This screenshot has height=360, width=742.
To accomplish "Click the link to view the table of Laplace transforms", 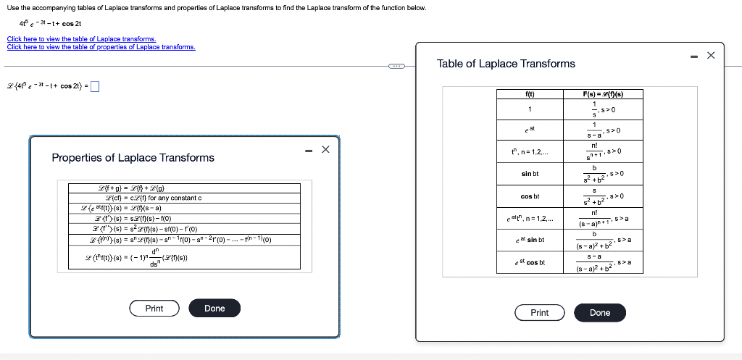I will pyautogui.click(x=81, y=39).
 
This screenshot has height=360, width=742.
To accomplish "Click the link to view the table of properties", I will pyautogui.click(x=101, y=47).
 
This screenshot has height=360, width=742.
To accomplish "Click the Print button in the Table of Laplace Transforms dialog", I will pyautogui.click(x=539, y=313).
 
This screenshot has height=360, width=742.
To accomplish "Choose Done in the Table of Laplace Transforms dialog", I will pyautogui.click(x=599, y=313).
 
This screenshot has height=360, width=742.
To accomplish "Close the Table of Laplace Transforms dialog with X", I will pyautogui.click(x=710, y=55).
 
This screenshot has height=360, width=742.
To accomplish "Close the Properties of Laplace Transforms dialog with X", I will pyautogui.click(x=325, y=150).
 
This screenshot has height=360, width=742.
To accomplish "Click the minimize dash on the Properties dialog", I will pyautogui.click(x=308, y=151).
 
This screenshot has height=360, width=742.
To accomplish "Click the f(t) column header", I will pyautogui.click(x=529, y=94).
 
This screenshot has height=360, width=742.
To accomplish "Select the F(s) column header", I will pyautogui.click(x=603, y=94).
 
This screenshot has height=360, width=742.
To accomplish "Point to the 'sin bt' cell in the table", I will pyautogui.click(x=530, y=174).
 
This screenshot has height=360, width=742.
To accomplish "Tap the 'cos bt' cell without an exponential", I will pyautogui.click(x=530, y=196).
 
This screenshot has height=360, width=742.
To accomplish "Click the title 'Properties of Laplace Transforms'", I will pyautogui.click(x=133, y=158).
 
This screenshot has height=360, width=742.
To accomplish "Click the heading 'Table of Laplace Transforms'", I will pyautogui.click(x=506, y=64).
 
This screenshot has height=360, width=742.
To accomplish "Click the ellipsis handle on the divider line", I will pyautogui.click(x=397, y=67).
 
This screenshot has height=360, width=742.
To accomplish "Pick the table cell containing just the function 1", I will pyautogui.click(x=530, y=109).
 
